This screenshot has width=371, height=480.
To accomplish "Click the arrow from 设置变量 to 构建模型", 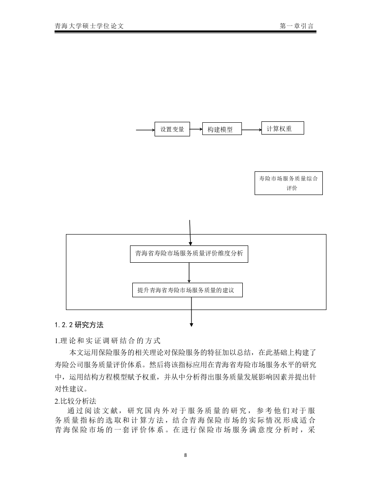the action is coord(196,129).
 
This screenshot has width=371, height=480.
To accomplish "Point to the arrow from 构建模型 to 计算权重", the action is coord(251,130).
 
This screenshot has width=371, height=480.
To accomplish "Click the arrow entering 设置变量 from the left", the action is coord(145,130).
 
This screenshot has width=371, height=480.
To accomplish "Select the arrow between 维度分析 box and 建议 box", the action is coord(189,273).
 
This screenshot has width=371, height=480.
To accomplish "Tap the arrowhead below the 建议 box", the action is coord(191,325).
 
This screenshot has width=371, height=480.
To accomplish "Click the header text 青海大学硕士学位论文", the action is coord(89,26).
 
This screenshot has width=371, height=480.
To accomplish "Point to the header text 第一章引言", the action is coord(296,26).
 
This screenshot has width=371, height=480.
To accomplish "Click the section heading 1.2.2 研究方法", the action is coord(79,325).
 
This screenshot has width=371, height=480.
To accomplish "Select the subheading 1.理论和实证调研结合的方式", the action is coord(107,341).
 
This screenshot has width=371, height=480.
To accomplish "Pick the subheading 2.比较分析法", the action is coord(75,401).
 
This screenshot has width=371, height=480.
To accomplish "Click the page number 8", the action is coord(185,455).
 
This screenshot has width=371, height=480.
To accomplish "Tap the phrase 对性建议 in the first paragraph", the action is coord(69,389).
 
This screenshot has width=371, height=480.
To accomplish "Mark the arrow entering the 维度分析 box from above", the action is coord(190,233).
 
